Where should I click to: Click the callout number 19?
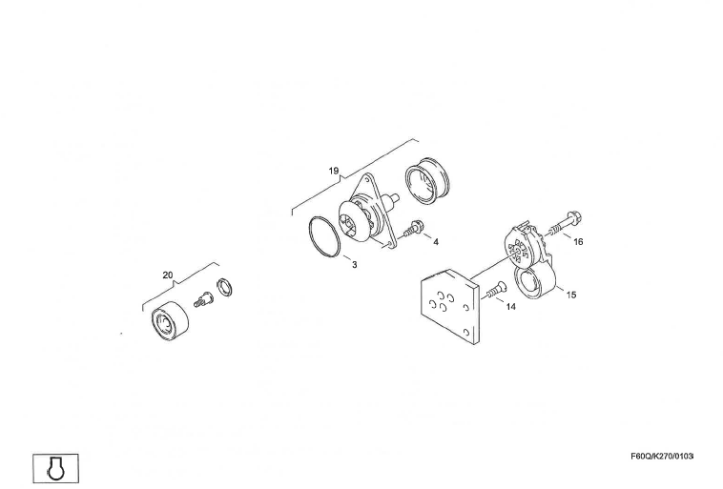click(x=334, y=172)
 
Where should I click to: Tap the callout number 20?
click(x=168, y=275)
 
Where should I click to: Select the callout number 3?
click(x=354, y=264)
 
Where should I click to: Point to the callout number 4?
click(x=436, y=242)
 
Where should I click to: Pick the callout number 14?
click(x=511, y=307)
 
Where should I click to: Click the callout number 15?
click(x=570, y=295)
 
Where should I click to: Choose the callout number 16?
click(x=578, y=242)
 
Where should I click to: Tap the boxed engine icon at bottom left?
click(x=55, y=467)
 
